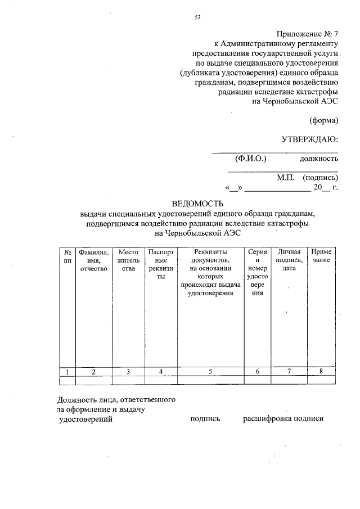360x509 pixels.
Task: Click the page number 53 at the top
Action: click(197, 17)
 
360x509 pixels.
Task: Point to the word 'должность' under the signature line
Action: click(318, 159)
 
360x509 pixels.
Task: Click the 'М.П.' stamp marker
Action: click(286, 177)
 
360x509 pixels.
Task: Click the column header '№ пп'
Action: click(67, 256)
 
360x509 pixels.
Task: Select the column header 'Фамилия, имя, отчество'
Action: click(93, 261)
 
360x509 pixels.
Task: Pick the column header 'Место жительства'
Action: click(128, 261)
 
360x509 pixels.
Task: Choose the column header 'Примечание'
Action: click(321, 256)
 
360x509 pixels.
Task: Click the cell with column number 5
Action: click(210, 371)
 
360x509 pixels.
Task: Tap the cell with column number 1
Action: click(67, 371)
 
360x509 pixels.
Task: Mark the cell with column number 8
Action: click(321, 371)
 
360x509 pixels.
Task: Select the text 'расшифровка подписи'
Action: click(283, 419)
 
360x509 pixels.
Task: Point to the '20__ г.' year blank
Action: click(325, 188)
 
